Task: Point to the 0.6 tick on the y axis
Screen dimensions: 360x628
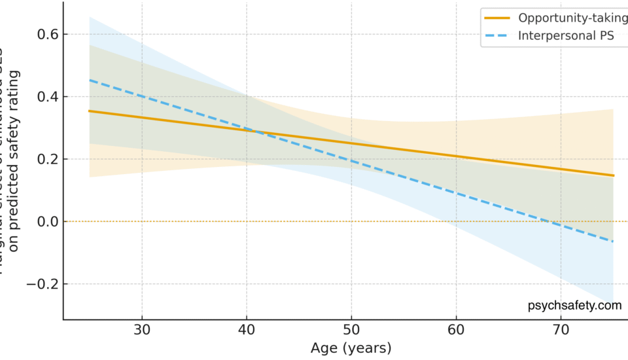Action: click(x=45, y=34)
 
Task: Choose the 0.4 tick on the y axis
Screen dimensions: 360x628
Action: click(x=45, y=97)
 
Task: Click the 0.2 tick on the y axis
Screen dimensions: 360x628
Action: click(x=45, y=159)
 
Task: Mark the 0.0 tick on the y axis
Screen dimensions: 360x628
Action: click(x=45, y=222)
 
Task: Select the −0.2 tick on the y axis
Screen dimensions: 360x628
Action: click(x=41, y=284)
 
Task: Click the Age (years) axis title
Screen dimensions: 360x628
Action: click(x=351, y=348)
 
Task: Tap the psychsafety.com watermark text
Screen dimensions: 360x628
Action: click(x=574, y=305)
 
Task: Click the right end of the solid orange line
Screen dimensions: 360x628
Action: click(x=614, y=175)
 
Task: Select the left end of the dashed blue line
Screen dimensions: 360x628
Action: click(x=90, y=80)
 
